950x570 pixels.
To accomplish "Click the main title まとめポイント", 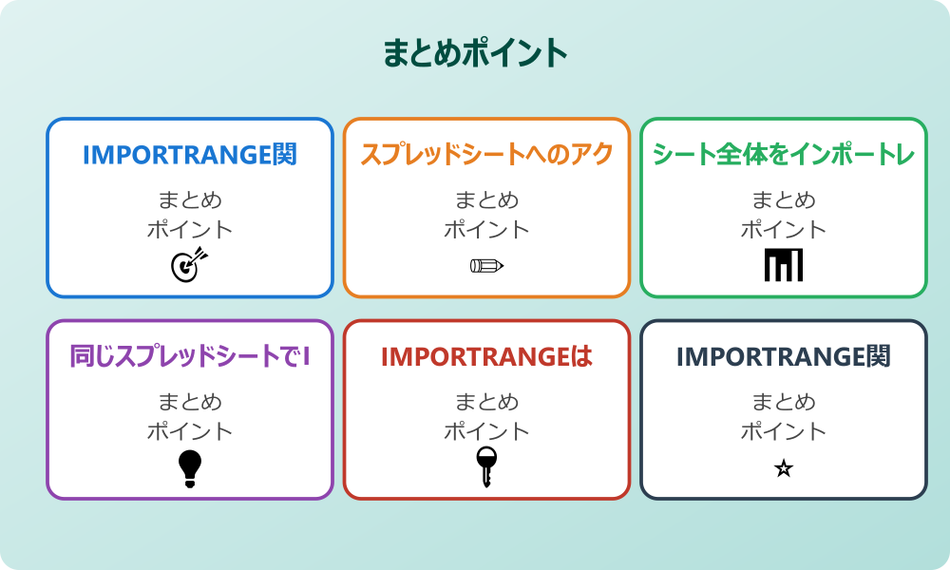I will pos(475,53).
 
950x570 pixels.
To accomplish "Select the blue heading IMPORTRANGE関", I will pos(190,155).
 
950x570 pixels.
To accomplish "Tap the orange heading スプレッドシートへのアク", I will pos(486,155).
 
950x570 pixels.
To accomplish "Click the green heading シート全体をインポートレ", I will pos(784,155).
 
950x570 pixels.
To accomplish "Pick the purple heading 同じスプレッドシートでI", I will pos(190,357).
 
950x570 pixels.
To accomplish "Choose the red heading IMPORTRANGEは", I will pos(486,357).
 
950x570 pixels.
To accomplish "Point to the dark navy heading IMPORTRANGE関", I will pos(784,357).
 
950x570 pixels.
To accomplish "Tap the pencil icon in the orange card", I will pos(486,266).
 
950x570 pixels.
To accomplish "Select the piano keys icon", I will pos(784,265).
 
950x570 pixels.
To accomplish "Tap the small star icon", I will pos(784,468).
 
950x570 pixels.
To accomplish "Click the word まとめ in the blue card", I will pos(190,200).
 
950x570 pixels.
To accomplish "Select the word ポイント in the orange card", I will pos(486,229).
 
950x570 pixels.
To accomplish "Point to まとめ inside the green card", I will pos(784,200).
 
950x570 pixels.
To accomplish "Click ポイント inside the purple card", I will pos(190,431).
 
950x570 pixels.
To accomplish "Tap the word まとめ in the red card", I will pos(486,402).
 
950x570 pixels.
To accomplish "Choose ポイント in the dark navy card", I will pos(784,431).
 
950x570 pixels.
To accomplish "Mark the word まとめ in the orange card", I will pos(486,200).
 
